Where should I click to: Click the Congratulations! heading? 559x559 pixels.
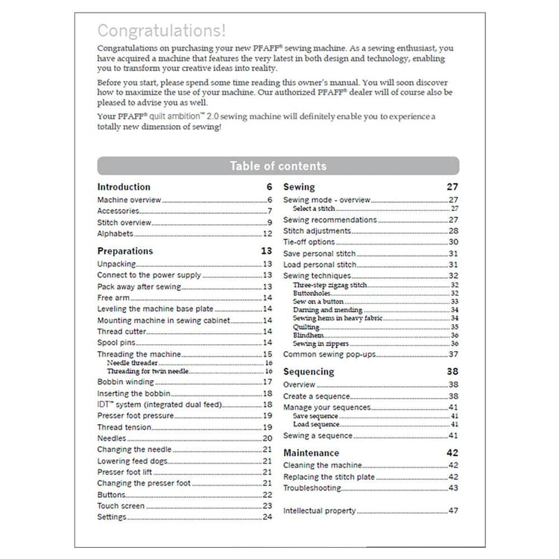(x=162, y=31)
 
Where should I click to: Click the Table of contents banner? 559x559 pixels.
(x=277, y=165)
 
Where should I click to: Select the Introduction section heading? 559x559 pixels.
(x=124, y=187)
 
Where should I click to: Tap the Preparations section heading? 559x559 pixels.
(x=124, y=251)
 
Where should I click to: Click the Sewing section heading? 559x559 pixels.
(x=299, y=187)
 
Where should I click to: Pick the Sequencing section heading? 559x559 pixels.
(x=309, y=371)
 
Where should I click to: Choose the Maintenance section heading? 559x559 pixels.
(x=311, y=452)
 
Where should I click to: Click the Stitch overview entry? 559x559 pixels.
(x=124, y=222)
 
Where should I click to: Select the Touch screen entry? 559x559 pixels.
(x=121, y=505)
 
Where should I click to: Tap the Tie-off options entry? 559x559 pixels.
(x=309, y=242)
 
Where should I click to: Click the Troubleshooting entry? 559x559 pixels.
(x=312, y=488)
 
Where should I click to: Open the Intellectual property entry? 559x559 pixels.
(x=319, y=511)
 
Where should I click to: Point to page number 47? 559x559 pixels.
(x=453, y=511)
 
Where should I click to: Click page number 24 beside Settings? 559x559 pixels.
(x=267, y=517)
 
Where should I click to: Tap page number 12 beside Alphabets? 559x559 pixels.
(x=267, y=233)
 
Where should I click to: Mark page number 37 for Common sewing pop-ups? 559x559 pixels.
(x=453, y=354)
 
